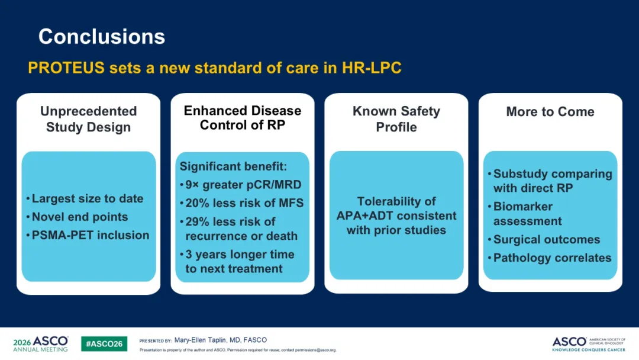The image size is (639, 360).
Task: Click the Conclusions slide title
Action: [x=102, y=37]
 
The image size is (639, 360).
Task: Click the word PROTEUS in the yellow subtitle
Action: [x=66, y=67]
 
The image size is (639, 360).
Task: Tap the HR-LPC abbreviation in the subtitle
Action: [x=372, y=67]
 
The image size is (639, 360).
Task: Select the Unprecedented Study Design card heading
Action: [x=88, y=119]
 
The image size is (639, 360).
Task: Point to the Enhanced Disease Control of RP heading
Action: [x=243, y=117]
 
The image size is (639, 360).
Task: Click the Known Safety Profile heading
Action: [x=396, y=119]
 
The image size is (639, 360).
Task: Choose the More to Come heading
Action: [x=550, y=112]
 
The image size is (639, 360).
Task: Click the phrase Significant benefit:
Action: [x=234, y=166]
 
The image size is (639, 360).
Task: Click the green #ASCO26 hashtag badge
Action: [x=104, y=343]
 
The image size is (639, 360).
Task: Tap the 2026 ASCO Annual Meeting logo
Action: [x=41, y=343]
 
